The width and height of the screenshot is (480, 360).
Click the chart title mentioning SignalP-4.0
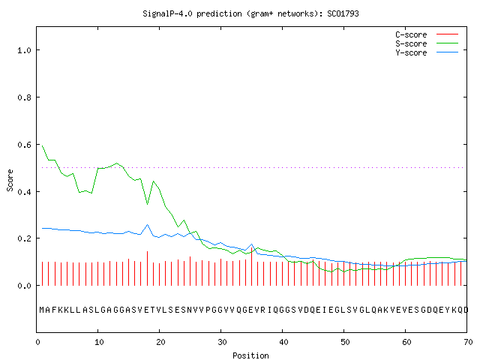coord(250,13)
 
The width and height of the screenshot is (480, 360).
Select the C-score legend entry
coord(427,34)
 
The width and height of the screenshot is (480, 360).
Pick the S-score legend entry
coord(427,43)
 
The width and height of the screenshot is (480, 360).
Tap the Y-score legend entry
coord(427,52)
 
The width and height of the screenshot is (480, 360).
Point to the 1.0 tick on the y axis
coord(24,50)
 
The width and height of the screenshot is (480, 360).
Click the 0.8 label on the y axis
coord(24,97)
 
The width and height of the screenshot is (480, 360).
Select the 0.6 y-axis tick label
coord(24,145)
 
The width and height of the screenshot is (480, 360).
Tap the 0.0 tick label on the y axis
coord(24,286)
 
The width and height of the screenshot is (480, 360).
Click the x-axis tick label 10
coord(99,342)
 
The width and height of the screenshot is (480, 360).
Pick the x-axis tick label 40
coord(283,342)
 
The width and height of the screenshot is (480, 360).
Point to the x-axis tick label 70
coord(468,342)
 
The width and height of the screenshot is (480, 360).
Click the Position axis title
coord(250,355)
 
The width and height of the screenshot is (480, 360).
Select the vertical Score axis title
coord(10,180)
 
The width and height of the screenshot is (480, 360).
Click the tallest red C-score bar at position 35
coord(252,266)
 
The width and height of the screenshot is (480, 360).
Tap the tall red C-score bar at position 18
coord(147,268)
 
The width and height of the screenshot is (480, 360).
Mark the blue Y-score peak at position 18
coord(147,225)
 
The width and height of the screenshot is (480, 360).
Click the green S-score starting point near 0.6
coord(42,146)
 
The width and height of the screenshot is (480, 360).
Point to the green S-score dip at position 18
coord(147,204)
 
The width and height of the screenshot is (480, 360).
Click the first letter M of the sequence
coord(42,310)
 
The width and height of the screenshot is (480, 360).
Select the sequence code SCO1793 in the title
coord(343,13)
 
